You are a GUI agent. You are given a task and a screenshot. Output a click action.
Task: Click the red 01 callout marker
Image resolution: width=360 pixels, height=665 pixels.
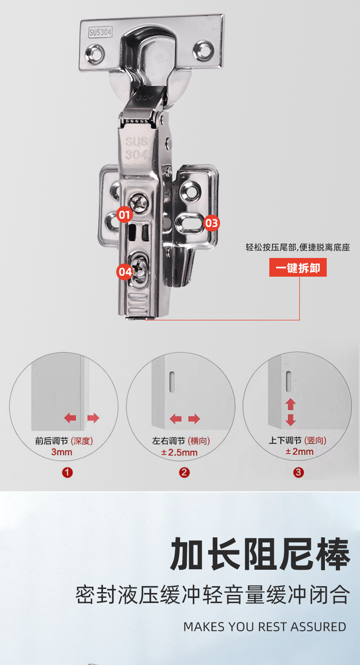click(x=124, y=214)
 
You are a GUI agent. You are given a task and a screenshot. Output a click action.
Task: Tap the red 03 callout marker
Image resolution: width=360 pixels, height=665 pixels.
click(x=211, y=223)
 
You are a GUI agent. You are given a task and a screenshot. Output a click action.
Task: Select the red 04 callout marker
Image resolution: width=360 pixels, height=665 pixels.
click(x=124, y=272)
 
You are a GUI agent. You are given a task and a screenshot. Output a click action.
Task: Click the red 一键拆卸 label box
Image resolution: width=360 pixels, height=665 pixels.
click(x=298, y=268)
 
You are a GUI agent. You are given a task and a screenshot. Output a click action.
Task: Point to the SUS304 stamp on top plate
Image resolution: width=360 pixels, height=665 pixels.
click(x=100, y=33)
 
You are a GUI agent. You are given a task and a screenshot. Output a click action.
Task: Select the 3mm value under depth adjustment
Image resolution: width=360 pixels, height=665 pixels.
click(x=62, y=452)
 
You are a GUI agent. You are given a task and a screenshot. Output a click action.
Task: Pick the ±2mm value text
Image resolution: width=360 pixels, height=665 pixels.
click(x=299, y=452)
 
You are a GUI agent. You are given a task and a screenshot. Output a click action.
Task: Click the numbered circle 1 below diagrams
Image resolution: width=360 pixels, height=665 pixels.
click(x=67, y=473)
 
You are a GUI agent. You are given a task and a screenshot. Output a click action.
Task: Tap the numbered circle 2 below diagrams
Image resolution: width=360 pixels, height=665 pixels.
click(x=184, y=473)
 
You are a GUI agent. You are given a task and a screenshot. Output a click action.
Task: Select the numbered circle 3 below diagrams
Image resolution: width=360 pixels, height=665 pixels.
click(x=298, y=473)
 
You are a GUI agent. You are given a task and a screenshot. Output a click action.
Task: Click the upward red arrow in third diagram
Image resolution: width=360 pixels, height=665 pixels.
click(x=291, y=404)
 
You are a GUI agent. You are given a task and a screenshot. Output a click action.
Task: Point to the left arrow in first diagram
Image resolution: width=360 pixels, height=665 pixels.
click(x=70, y=418)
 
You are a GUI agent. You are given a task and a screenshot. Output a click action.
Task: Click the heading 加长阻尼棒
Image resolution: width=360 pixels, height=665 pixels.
click(x=260, y=555)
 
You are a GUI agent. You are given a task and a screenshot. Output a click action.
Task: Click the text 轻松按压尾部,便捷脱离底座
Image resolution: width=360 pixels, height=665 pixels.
click(x=298, y=248)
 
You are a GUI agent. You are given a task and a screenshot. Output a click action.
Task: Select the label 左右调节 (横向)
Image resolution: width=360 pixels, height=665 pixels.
click(x=181, y=441)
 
